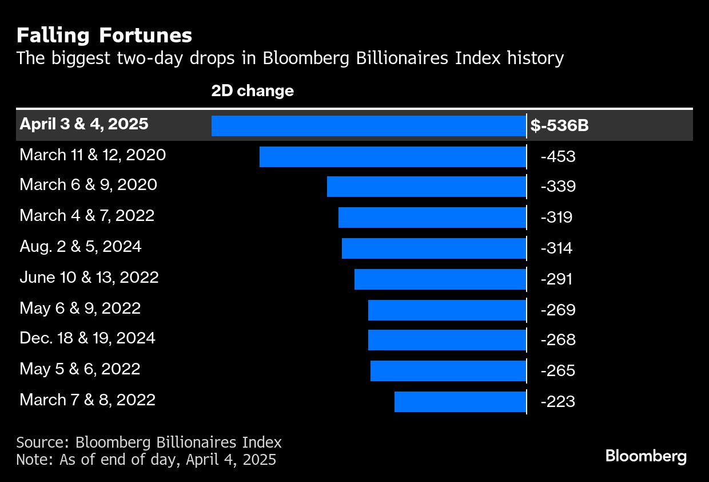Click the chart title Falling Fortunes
click(x=104, y=35)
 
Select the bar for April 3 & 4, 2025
click(x=368, y=125)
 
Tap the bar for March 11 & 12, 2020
click(x=392, y=156)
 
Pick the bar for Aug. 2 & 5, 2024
click(x=433, y=248)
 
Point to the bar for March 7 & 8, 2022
click(x=460, y=402)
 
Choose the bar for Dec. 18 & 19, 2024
click(x=447, y=339)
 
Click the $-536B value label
click(x=559, y=125)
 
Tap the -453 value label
click(x=557, y=156)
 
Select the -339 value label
click(x=557, y=187)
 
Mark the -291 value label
click(x=556, y=279)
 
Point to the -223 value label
click(x=557, y=402)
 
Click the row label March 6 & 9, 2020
click(x=88, y=185)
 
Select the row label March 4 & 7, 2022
click(x=87, y=216)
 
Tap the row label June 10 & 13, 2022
click(x=89, y=278)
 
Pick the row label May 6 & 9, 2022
click(x=80, y=309)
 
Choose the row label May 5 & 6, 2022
click(x=80, y=369)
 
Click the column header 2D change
click(x=252, y=90)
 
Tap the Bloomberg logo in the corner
click(x=646, y=456)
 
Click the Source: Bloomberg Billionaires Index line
click(x=149, y=442)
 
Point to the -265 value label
click(x=557, y=371)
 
